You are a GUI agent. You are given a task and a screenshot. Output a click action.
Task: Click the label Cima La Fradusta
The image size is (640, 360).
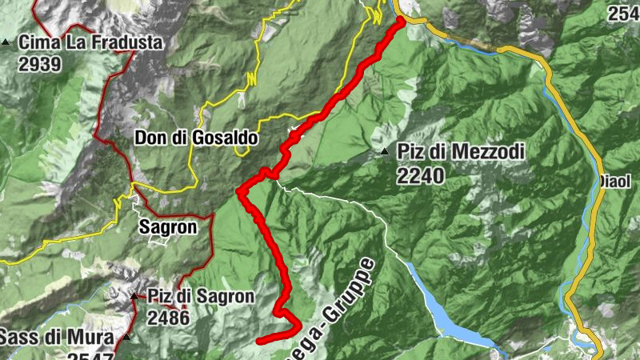pyautogui.click(x=90, y=42)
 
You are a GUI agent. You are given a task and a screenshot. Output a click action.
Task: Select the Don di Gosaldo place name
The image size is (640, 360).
pyautogui.click(x=195, y=138)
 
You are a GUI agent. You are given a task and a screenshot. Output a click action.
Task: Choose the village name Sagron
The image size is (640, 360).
pyautogui.click(x=167, y=226)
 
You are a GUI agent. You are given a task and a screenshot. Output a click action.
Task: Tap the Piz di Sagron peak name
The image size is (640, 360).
pyautogui.click(x=200, y=297)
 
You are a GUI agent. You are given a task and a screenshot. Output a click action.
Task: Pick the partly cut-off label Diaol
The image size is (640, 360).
pyautogui.click(x=617, y=181)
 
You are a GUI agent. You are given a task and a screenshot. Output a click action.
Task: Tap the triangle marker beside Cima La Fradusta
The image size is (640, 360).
pyautogui.click(x=6, y=42)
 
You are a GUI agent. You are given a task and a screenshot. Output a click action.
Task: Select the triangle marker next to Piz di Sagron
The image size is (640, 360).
pyautogui.click(x=134, y=297)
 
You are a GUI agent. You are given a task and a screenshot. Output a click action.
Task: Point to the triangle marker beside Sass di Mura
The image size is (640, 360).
pyautogui.click(x=126, y=336)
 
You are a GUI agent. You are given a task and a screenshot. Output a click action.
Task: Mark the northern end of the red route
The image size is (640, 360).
pyautogui.click(x=401, y=20)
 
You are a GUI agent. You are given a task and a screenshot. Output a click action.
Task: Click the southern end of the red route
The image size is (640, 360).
pyautogui.click(x=260, y=341)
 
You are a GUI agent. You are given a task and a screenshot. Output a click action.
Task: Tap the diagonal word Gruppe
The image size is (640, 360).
pyautogui.click(x=349, y=293)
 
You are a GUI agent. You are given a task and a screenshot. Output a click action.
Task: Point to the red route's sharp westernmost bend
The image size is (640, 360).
pyautogui.click(x=239, y=191)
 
